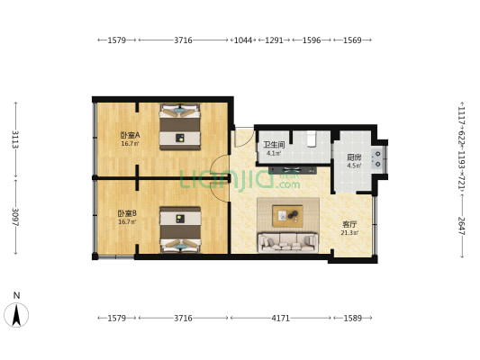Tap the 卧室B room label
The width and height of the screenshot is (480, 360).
(x=127, y=213)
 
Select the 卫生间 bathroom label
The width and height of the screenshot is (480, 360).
(x=274, y=145)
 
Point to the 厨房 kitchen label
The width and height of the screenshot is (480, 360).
(x=354, y=157)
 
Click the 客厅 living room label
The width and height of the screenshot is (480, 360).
(x=349, y=224)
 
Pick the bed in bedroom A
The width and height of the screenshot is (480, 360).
(x=180, y=127)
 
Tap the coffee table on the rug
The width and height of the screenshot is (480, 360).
(x=288, y=214)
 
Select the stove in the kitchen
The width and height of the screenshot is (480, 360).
(x=377, y=158)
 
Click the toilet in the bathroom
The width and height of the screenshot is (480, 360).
(x=312, y=139)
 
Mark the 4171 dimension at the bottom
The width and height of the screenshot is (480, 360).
(x=281, y=318)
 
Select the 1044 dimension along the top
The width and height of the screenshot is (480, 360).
(x=243, y=40)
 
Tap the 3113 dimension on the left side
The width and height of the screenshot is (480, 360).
(x=15, y=139)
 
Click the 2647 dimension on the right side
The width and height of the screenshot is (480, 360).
(x=460, y=224)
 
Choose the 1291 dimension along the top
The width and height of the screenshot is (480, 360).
(x=274, y=40)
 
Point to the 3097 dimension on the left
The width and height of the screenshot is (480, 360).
(x=15, y=217)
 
